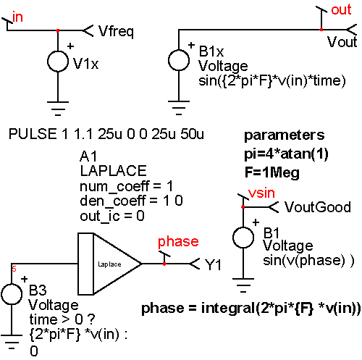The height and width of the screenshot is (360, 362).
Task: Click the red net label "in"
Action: tap(17, 17)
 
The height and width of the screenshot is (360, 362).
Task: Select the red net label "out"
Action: tap(341, 10)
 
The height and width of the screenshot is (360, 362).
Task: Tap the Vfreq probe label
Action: tap(116, 31)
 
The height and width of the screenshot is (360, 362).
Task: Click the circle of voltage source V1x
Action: tap(58, 62)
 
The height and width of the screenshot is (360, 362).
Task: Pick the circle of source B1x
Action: tap(179, 60)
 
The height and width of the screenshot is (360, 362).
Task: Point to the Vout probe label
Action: tap(342, 42)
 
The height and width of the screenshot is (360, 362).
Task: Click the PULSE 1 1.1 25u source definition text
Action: tap(106, 134)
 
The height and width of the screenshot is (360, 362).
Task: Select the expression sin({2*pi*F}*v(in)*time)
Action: tap(272, 81)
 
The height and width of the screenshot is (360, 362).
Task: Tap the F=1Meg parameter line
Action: tap(271, 173)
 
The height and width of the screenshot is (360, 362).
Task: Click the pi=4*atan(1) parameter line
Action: tap(286, 154)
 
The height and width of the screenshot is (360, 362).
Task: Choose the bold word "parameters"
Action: tap(285, 135)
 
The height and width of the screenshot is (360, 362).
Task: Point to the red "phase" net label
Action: tap(178, 242)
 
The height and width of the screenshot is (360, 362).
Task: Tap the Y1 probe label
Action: tap(213, 264)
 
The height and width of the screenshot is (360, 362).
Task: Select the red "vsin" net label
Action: tap(261, 193)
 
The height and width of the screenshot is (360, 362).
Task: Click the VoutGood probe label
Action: tap(318, 207)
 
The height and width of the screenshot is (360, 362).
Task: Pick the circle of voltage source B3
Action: tap(12, 294)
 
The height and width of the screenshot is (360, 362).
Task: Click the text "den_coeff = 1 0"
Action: tap(131, 201)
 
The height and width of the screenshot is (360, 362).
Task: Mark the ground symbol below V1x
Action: tap(58, 109)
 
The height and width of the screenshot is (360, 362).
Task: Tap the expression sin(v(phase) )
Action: tap(308, 261)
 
